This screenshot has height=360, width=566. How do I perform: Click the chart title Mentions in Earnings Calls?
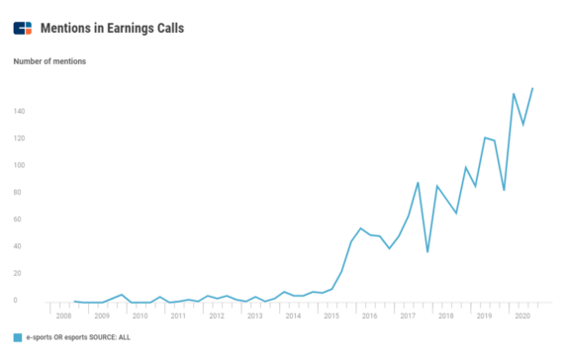[113, 28]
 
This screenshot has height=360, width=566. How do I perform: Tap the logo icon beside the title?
[23, 28]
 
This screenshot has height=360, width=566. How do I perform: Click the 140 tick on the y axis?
[20, 111]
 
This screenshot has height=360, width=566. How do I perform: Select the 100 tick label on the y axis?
[20, 165]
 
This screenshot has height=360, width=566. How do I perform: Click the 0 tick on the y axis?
[17, 301]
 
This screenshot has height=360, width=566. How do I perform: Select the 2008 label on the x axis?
[63, 315]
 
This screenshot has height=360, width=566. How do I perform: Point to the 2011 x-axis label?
[178, 315]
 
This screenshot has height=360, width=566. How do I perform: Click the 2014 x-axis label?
[293, 315]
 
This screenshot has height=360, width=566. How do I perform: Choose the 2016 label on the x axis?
[369, 315]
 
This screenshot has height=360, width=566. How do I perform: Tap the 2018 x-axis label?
[446, 315]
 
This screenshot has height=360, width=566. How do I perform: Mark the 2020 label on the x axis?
[522, 315]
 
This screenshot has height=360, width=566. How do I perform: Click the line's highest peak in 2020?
[532, 88]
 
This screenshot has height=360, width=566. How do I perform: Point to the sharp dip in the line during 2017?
[427, 252]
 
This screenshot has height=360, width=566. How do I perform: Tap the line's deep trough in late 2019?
[505, 190]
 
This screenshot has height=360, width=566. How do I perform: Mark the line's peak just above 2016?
[361, 228]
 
